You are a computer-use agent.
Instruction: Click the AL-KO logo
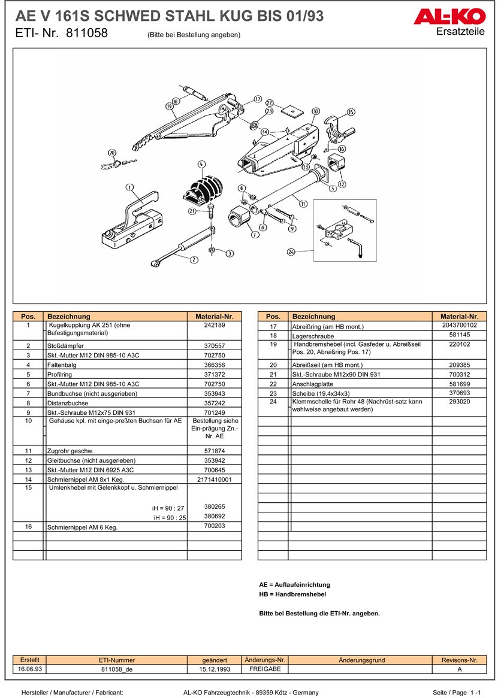[449, 18]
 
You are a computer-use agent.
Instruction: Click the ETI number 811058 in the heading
[86, 34]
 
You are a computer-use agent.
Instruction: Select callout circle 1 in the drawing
[129, 188]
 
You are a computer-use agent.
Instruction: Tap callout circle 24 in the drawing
[291, 252]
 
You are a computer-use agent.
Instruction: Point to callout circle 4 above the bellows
[201, 163]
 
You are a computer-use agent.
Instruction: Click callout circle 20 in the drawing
[111, 153]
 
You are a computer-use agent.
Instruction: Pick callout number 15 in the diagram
[351, 112]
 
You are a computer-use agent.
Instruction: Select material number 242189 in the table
[214, 325]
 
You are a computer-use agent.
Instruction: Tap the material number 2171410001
[214, 480]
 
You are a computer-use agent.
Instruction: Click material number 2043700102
[459, 325]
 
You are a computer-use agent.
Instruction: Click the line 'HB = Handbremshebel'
[292, 594]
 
